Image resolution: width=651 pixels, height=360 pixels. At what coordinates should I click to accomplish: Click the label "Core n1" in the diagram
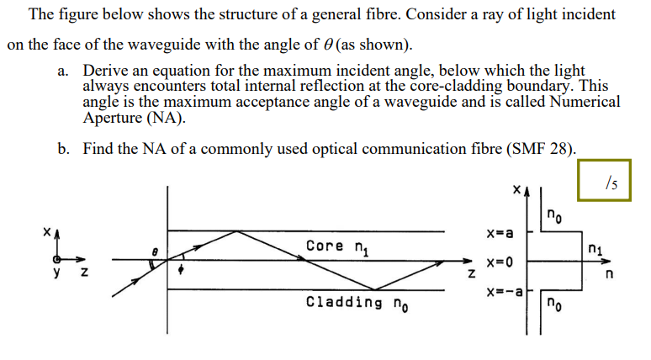pyautogui.click(x=336, y=246)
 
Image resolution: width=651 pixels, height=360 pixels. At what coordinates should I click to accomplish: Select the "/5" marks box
pyautogui.click(x=611, y=180)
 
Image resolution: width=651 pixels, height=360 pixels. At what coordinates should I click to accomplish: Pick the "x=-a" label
pyautogui.click(x=504, y=292)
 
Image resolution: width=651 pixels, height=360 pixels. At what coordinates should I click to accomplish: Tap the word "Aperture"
pyautogui.click(x=115, y=117)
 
